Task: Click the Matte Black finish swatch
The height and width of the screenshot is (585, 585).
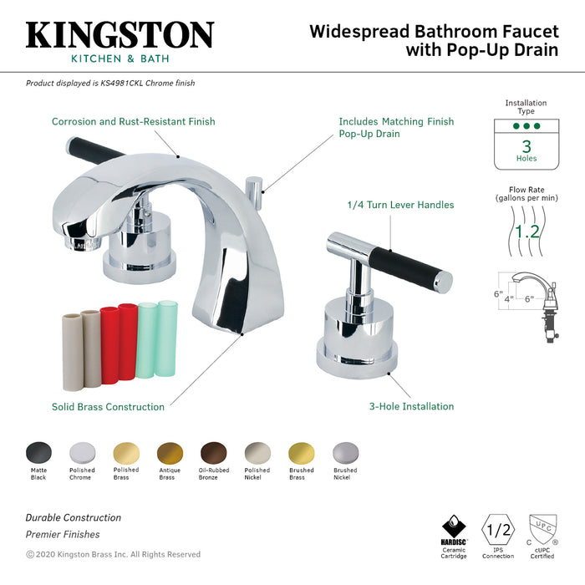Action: click(39, 452)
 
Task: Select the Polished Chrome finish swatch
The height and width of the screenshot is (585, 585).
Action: click(83, 452)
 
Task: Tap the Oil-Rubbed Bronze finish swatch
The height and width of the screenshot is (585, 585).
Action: click(213, 452)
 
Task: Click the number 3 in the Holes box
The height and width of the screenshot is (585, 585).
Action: click(526, 145)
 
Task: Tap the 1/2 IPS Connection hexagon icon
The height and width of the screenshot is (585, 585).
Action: click(498, 529)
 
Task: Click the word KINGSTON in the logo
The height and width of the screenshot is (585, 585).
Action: click(120, 36)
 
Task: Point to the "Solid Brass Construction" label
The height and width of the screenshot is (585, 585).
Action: click(108, 407)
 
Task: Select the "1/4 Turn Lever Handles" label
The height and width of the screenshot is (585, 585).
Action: click(400, 205)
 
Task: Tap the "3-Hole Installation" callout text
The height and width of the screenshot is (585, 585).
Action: click(412, 407)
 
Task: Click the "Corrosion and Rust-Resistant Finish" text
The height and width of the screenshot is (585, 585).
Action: click(133, 121)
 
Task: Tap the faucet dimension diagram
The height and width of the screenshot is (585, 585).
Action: click(526, 300)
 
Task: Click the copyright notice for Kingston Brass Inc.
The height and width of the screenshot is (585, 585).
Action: click(113, 554)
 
